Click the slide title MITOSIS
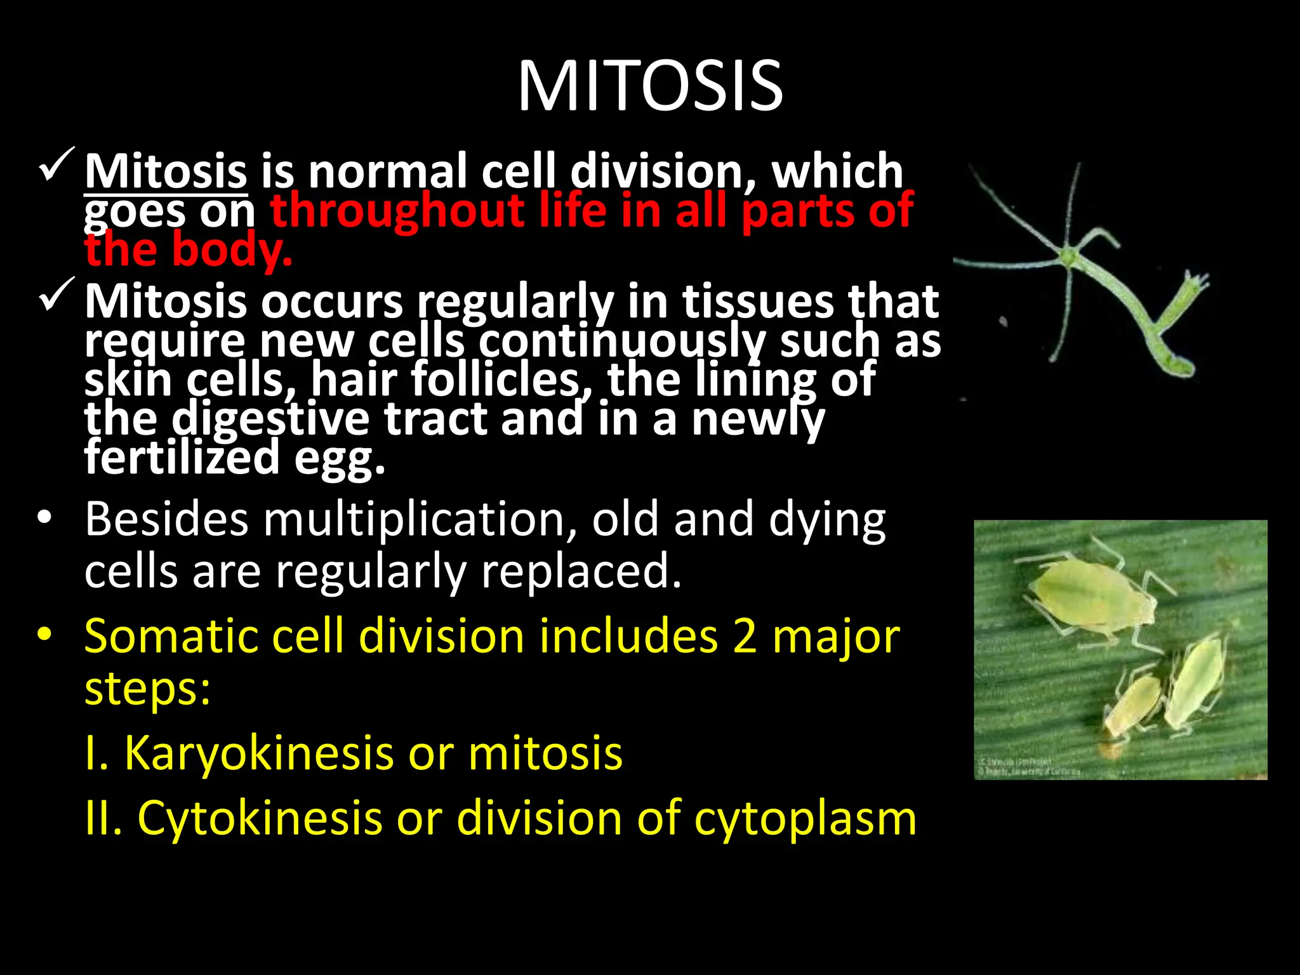point(650,86)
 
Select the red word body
point(231,250)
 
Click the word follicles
point(495,380)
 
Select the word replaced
point(581,571)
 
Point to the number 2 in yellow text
point(744,637)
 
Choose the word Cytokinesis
point(260,818)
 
